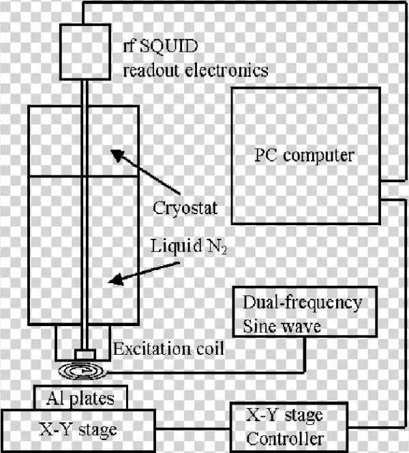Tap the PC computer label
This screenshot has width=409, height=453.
pyautogui.click(x=299, y=155)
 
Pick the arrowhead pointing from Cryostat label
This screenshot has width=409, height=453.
pyautogui.click(x=117, y=154)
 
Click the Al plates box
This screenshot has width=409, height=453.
pyautogui.click(x=80, y=396)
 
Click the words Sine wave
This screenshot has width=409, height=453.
pyautogui.click(x=281, y=325)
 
